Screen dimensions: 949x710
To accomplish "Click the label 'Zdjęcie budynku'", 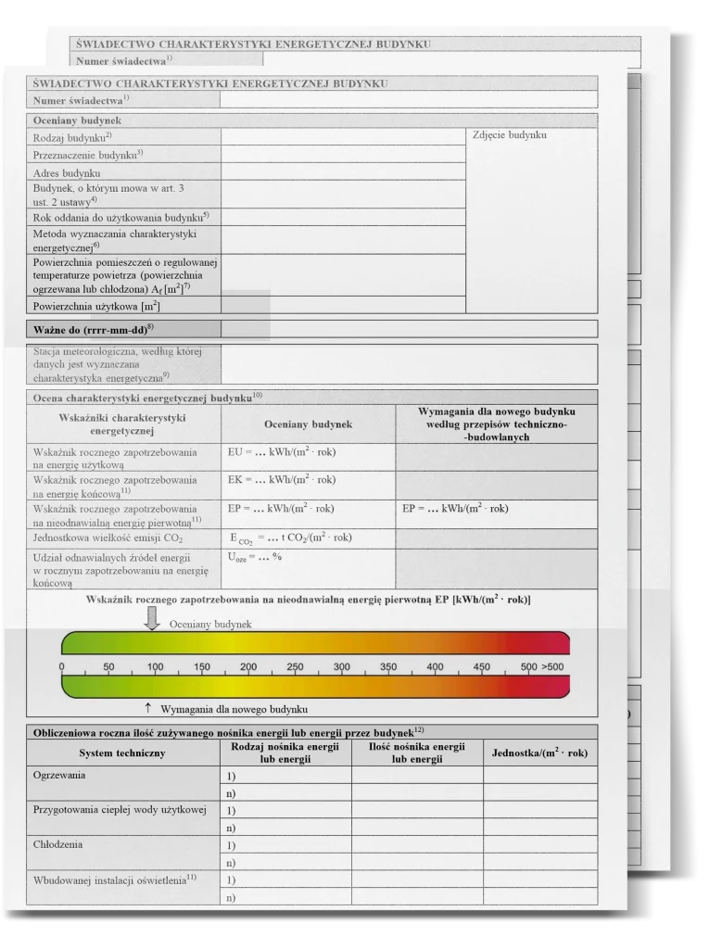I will (509, 135).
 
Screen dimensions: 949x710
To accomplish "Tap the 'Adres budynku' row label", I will (67, 173).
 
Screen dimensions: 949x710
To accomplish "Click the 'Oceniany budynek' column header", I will (308, 424).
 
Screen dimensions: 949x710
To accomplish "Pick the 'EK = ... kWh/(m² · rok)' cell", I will (281, 480).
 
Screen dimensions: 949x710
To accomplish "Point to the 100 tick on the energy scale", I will (155, 667).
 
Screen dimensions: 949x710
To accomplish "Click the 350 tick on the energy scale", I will (387, 667).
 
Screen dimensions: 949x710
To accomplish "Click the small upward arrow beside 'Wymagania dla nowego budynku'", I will (148, 708).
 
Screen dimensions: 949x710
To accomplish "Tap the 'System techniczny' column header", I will (122, 753).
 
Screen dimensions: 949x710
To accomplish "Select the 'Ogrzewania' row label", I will (59, 774).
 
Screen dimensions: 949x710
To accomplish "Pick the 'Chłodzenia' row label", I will (57, 844).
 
